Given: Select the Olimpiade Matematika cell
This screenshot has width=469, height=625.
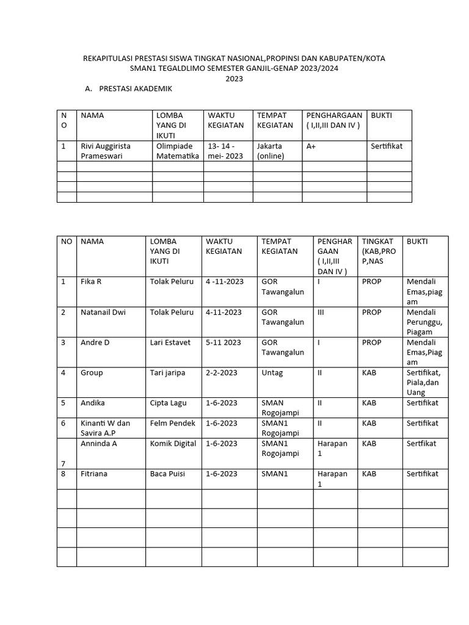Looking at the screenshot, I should (178, 151).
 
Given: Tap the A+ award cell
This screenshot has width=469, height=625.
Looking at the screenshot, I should (311, 146).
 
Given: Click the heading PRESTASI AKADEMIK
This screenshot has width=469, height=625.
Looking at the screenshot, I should (136, 89).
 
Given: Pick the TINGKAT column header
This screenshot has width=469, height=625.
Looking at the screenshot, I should (378, 251).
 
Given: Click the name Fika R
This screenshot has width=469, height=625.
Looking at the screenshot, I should (91, 282).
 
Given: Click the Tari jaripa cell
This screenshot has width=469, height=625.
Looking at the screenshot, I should (167, 373).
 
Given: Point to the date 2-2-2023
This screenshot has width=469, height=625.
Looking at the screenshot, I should (220, 373).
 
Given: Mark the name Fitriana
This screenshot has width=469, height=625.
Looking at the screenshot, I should (95, 474).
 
